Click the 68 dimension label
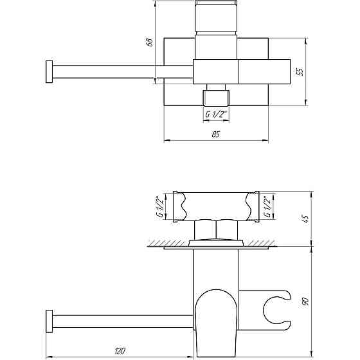coord(150,42)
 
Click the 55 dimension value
coord(300,71)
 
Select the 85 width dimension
coord(216,134)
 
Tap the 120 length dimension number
coord(120,351)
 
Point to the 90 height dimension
coord(306,301)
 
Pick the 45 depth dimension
coord(306,219)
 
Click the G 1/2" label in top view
coord(216,114)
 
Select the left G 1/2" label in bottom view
coord(159,206)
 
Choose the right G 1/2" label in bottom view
coord(267,206)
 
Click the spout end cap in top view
coord(49,71)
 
